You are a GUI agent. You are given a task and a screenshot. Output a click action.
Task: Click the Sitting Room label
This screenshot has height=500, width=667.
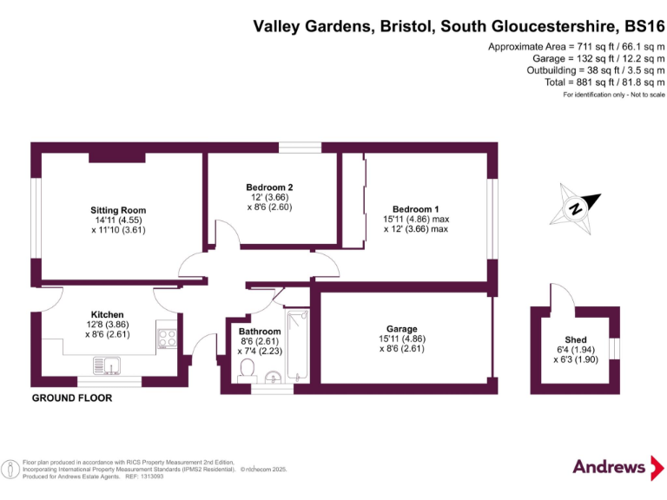coord(118,210)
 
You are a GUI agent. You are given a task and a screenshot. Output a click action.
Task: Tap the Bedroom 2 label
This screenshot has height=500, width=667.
coord(269,187)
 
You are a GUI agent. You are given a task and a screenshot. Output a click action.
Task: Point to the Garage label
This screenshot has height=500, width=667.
coord(402,329)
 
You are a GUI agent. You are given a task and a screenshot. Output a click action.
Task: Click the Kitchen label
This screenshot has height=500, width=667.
coord(108,314)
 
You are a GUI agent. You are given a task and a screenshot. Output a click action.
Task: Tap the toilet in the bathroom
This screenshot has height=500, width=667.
coord(245,371)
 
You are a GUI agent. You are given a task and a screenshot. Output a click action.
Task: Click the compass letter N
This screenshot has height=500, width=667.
coord(575,208)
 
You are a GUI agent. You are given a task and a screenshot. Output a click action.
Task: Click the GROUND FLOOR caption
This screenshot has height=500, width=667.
coord(71,398)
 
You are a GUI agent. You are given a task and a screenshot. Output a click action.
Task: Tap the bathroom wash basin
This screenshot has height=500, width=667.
coord(273,376)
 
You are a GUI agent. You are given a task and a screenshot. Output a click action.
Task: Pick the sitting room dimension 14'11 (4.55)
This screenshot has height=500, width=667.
coord(118,220)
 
